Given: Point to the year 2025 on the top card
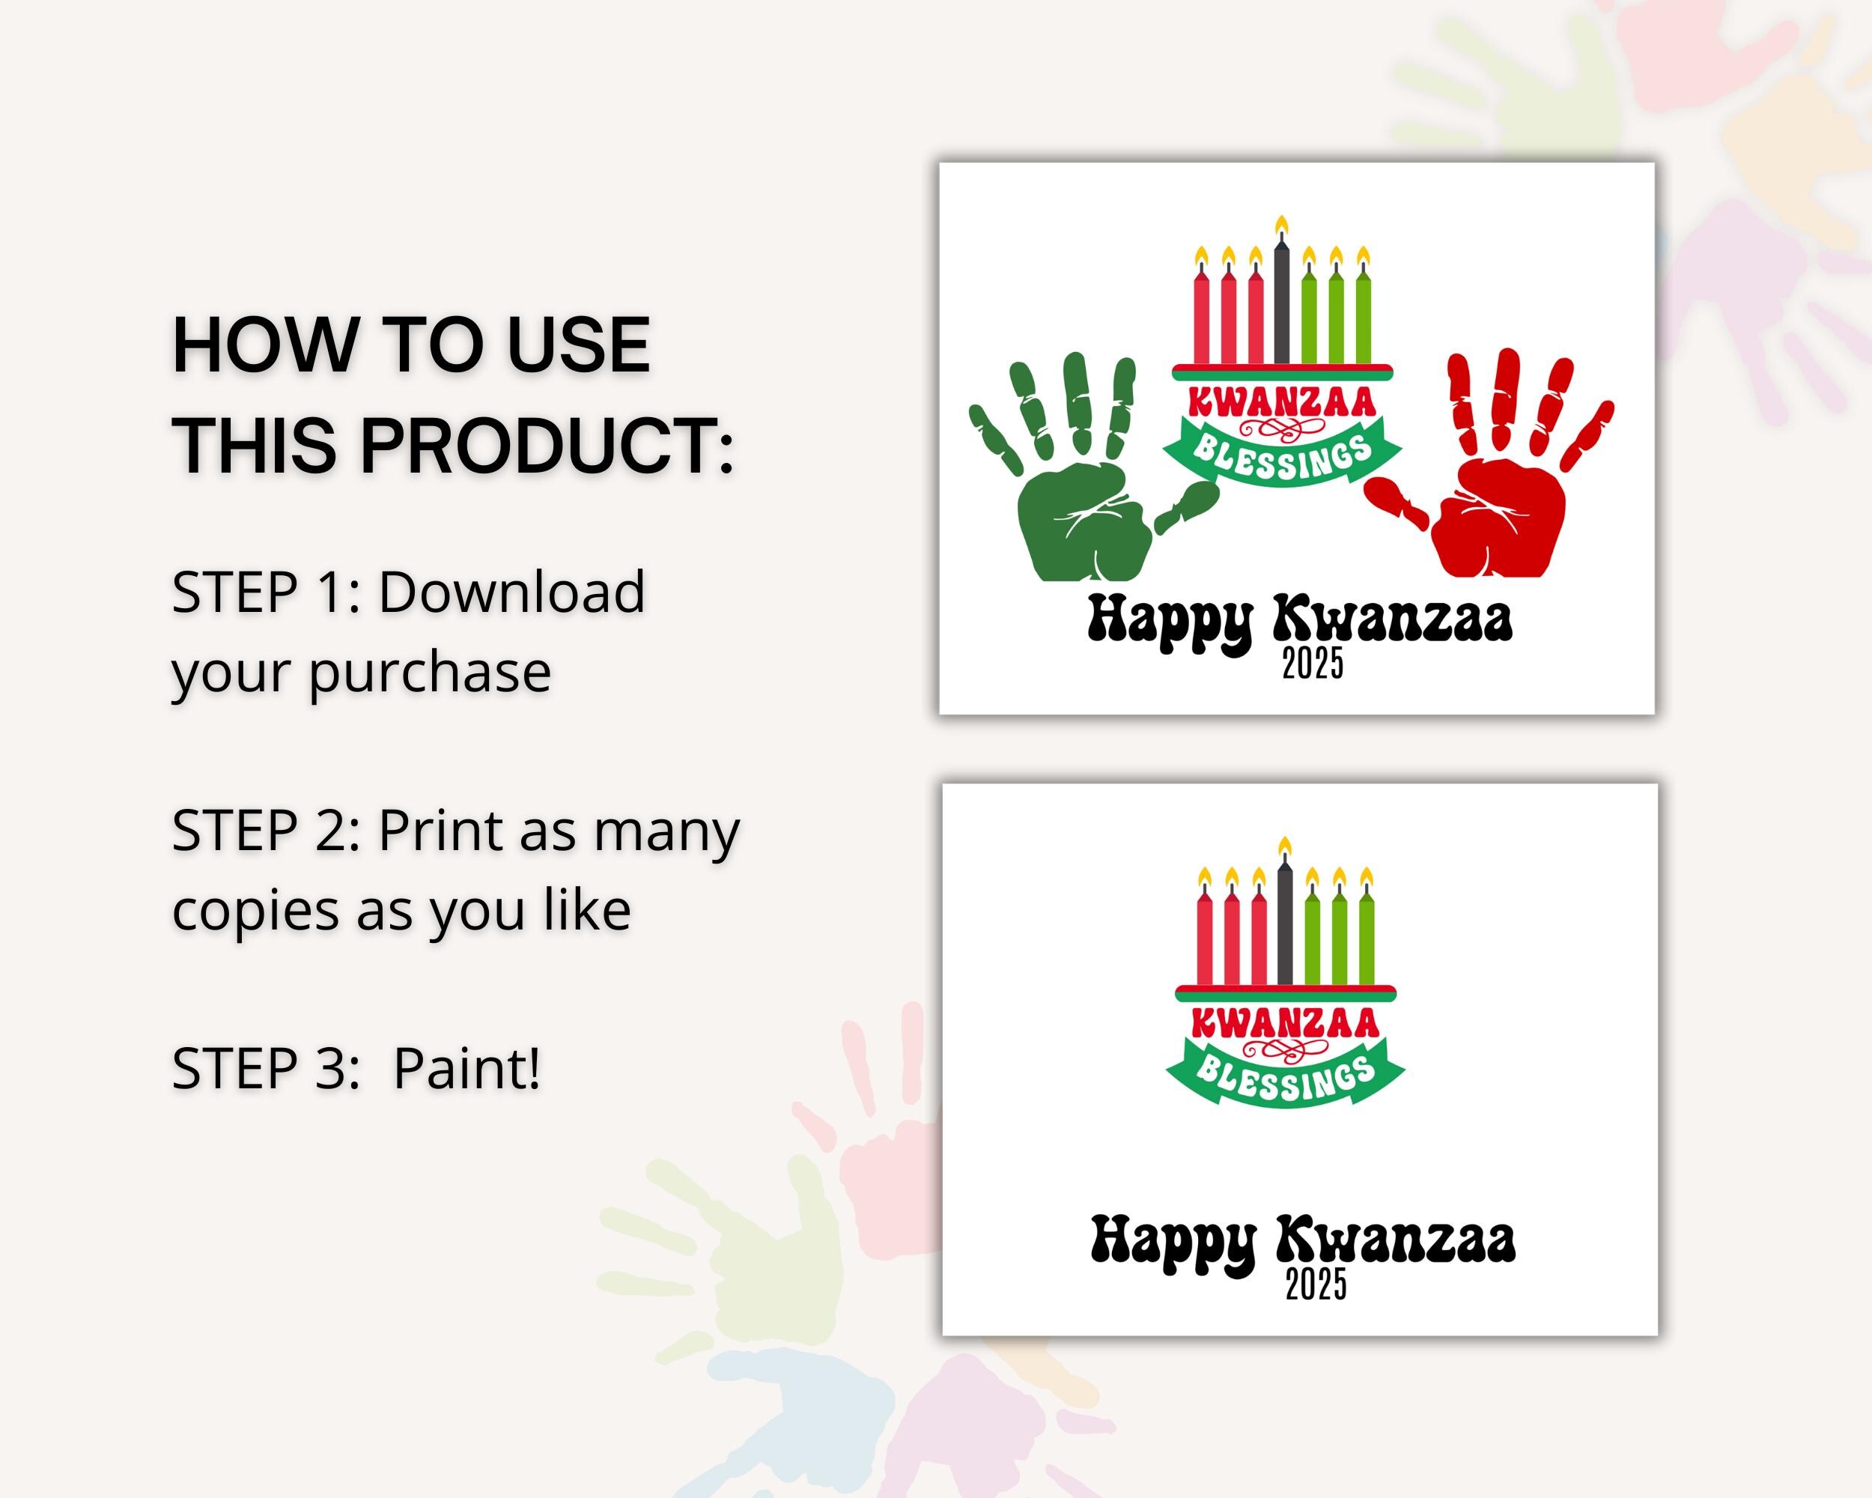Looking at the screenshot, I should [x=1313, y=664].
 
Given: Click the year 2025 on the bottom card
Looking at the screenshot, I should [x=1316, y=1285].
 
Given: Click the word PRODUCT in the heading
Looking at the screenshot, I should [x=547, y=445].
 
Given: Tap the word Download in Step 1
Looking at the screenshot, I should [x=511, y=592].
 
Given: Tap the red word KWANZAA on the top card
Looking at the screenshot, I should [x=1282, y=402].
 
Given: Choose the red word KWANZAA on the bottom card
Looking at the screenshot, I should [x=1285, y=1023].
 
